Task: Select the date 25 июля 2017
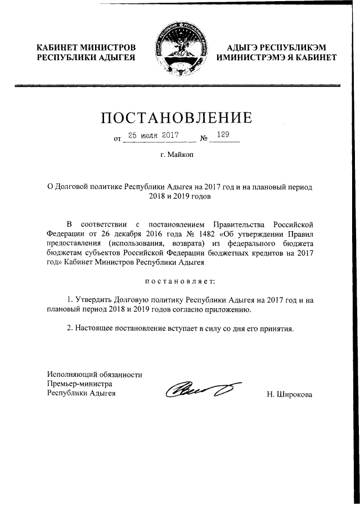(x=152, y=136)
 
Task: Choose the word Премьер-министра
(x=80, y=384)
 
